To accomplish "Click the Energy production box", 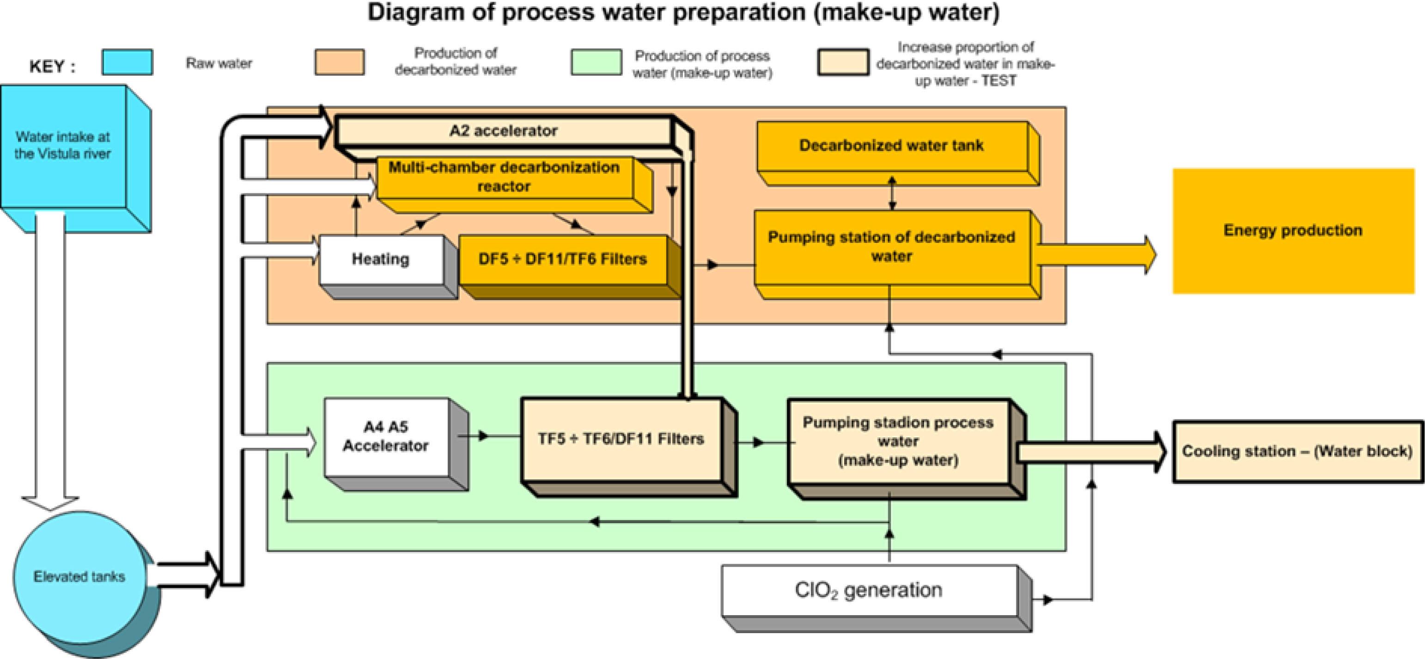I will tap(1293, 230).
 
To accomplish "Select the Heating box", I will tap(381, 259).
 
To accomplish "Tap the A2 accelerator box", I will tap(503, 131).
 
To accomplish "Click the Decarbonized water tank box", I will tap(891, 146).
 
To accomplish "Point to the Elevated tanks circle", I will tap(79, 577).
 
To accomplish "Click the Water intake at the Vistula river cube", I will tap(63, 146).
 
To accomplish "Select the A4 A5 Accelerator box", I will tap(385, 436).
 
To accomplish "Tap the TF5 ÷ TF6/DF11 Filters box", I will tap(621, 439).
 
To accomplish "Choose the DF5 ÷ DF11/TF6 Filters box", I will tap(563, 259).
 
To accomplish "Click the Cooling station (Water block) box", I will tap(1297, 451).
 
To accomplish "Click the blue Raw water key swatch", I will tap(127, 62).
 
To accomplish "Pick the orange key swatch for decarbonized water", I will tap(340, 62).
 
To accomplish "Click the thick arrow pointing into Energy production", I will tap(1095, 255).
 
